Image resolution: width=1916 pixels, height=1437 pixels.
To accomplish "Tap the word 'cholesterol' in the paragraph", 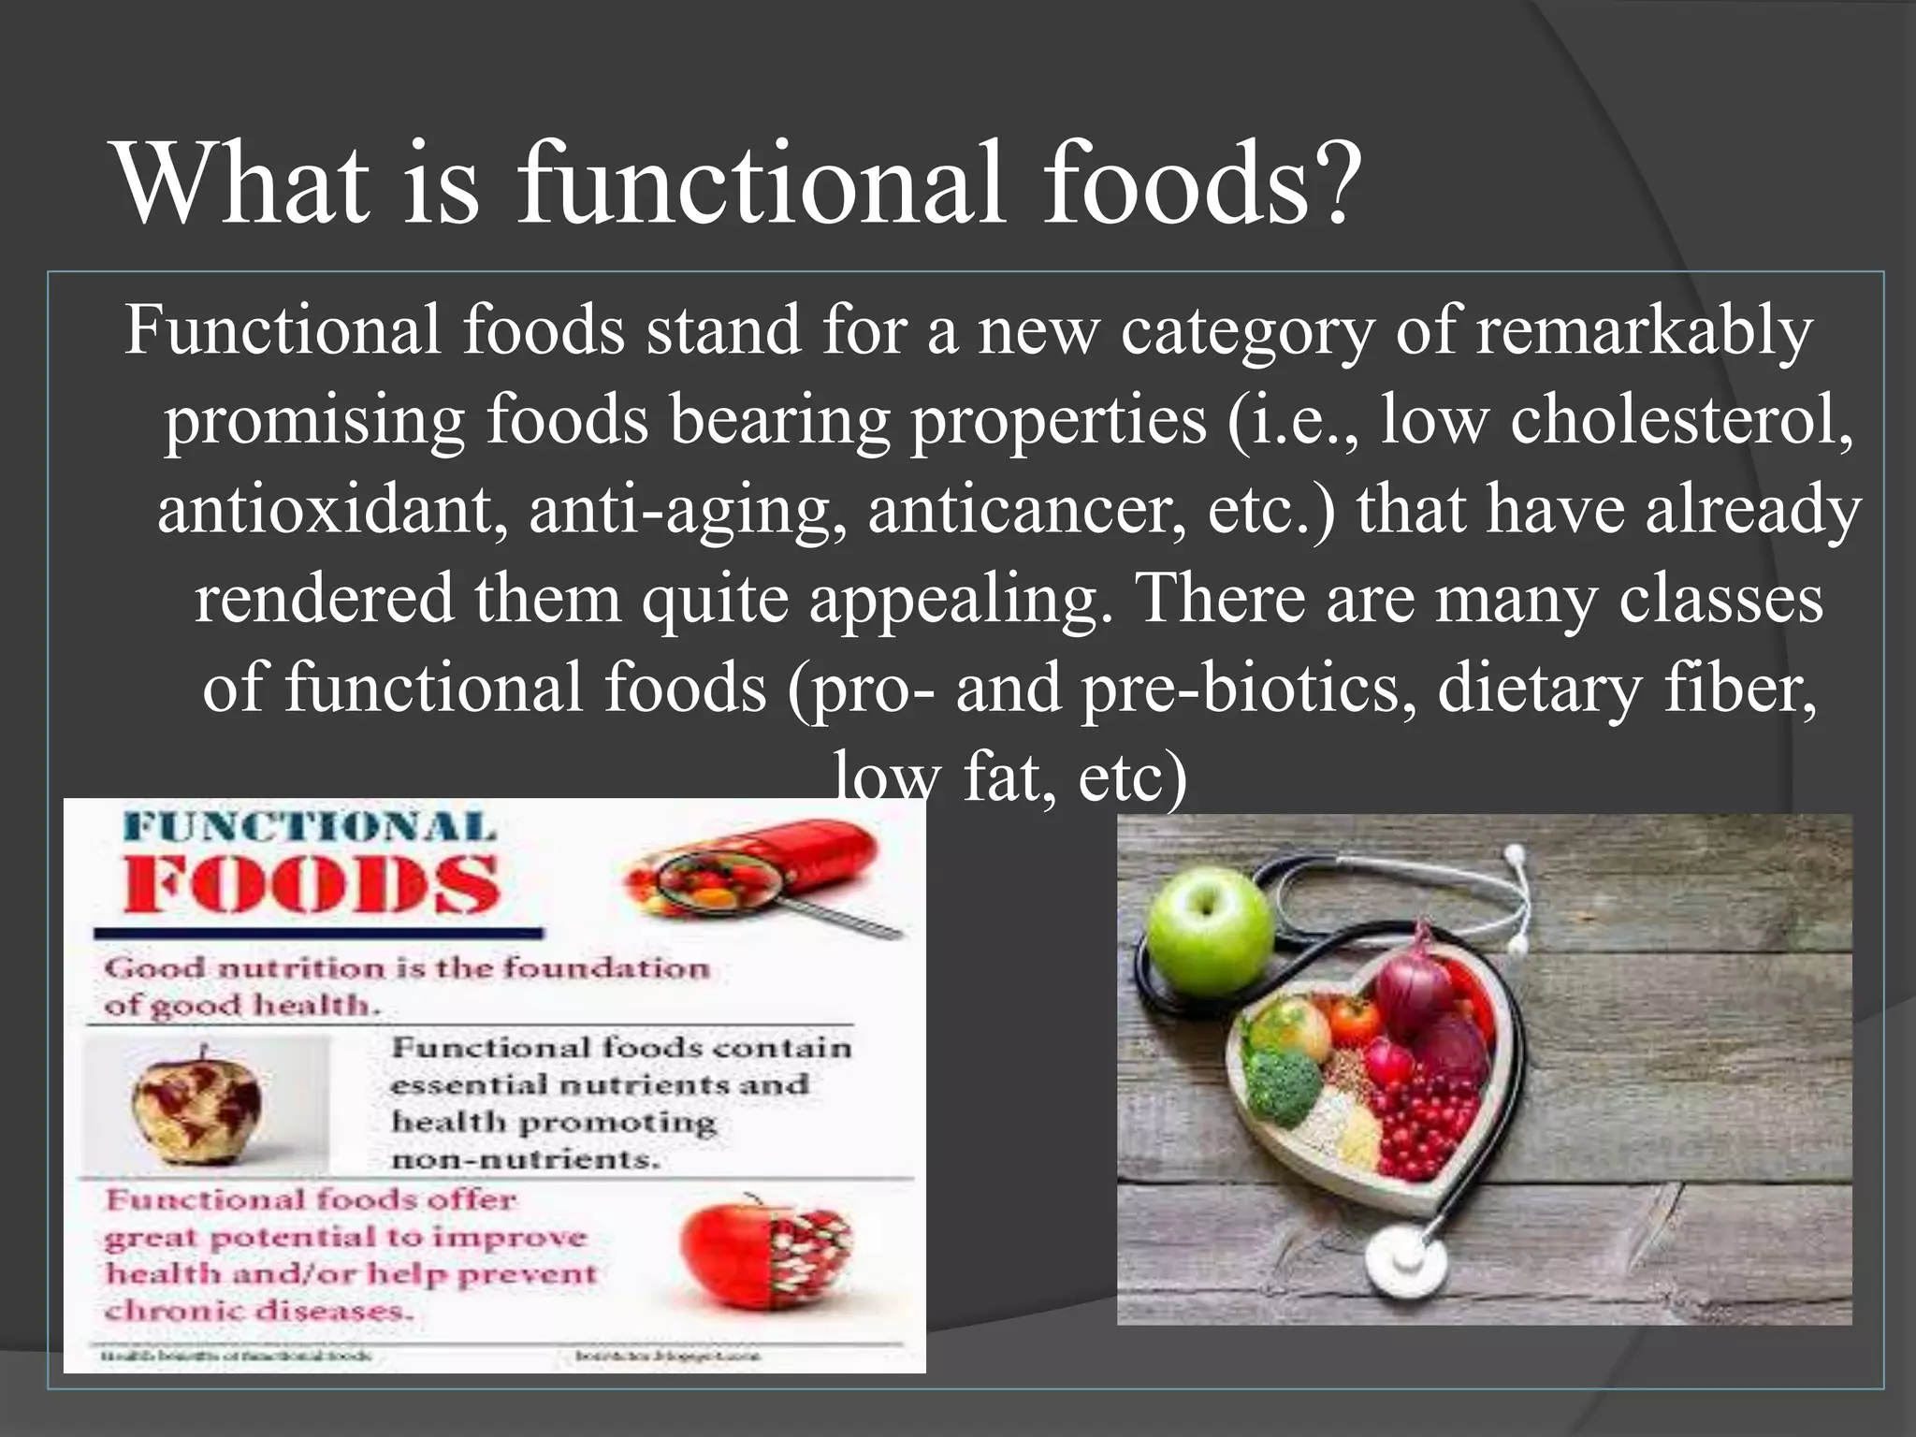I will pyautogui.click(x=1681, y=420).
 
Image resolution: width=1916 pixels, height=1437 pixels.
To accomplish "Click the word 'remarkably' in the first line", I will pyautogui.click(x=1644, y=331).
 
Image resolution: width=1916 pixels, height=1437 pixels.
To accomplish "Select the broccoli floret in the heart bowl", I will pyautogui.click(x=1285, y=1085).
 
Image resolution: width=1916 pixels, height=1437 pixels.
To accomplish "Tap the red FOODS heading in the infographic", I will pyautogui.click(x=312, y=884).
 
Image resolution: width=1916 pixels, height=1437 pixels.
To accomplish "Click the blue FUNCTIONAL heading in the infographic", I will pyautogui.click(x=310, y=828).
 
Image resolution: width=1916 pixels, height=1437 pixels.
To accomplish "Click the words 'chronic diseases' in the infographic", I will pyautogui.click(x=258, y=1311).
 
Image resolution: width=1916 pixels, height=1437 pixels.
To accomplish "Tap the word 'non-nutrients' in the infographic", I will pyautogui.click(x=525, y=1160).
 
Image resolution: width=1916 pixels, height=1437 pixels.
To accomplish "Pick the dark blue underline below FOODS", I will pyautogui.click(x=318, y=933).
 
